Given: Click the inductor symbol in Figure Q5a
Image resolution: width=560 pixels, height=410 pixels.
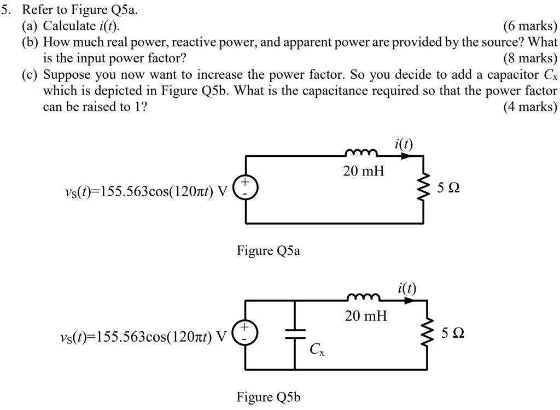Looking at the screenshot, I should coord(360,153).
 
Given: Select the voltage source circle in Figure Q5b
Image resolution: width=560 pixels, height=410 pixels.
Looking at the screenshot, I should coord(244,332).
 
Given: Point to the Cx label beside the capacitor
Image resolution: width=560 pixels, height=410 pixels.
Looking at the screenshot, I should coord(317,349).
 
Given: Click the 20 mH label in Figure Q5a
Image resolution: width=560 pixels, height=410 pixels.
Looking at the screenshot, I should coord(364,172).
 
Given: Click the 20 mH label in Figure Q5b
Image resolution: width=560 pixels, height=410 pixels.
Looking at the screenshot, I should coord(365,316).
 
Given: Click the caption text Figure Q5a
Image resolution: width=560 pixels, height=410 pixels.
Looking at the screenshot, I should coord(269,251).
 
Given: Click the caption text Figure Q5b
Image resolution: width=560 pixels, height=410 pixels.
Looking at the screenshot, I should coord(269,397).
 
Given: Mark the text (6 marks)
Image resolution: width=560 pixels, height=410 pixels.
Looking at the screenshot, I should coord(529,26).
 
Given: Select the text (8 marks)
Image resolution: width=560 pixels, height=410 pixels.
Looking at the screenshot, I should coord(529,58).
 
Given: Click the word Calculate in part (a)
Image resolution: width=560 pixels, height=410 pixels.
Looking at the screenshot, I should coord(67,26).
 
